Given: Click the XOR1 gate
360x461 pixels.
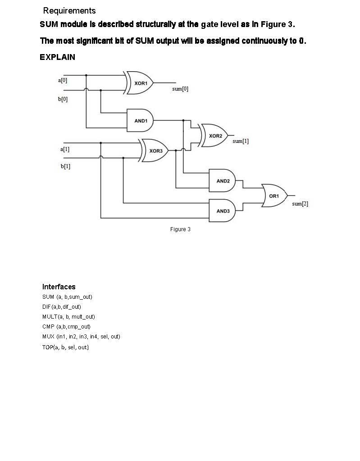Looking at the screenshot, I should point(140,83).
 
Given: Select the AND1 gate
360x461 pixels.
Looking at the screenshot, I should point(140,120).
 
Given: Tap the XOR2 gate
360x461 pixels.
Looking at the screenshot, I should point(215,136).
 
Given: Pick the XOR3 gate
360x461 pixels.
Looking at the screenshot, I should point(155,151).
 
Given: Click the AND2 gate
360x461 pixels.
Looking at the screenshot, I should point(222,181).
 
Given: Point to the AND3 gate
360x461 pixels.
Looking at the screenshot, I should point(222,210).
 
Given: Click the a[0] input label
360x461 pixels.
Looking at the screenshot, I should point(63,80).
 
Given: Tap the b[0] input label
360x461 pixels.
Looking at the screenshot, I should point(63,99).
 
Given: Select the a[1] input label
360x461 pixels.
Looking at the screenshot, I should point(65,149).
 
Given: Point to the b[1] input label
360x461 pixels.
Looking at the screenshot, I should point(65,166).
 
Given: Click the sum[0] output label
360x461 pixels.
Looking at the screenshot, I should point(180,89).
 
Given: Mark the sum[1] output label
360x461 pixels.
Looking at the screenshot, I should point(241,141).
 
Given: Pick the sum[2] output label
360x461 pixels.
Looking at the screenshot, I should point(300,204).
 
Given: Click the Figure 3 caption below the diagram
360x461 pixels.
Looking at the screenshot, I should point(180,229).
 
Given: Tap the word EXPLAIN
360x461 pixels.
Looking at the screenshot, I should point(57,57).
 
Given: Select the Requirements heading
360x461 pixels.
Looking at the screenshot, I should point(69,10).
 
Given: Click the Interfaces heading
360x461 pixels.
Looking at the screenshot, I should point(59,287).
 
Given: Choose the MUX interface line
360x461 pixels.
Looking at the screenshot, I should point(81,337).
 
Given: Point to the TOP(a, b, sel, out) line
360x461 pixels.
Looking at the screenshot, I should point(65,347).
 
